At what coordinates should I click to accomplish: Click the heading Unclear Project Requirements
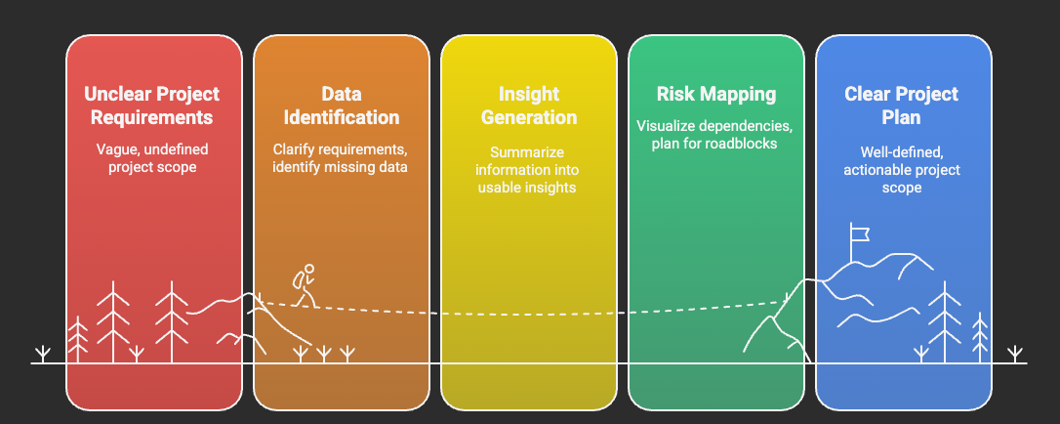click(x=152, y=106)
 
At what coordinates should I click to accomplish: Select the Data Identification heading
click(x=341, y=106)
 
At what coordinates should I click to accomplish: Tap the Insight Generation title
click(x=528, y=106)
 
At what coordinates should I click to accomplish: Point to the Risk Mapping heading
click(x=715, y=95)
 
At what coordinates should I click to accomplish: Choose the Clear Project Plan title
click(x=902, y=106)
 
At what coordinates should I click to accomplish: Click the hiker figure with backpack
click(x=306, y=284)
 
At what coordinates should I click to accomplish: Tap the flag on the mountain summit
click(x=859, y=232)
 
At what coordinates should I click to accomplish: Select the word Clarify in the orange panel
click(x=294, y=150)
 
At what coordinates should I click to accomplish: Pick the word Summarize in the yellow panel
click(x=528, y=152)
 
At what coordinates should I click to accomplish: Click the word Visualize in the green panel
click(x=670, y=126)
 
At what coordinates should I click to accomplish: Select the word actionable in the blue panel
click(x=878, y=170)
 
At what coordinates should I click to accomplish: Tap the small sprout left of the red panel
click(x=42, y=353)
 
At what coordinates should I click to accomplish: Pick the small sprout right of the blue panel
click(x=1016, y=353)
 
